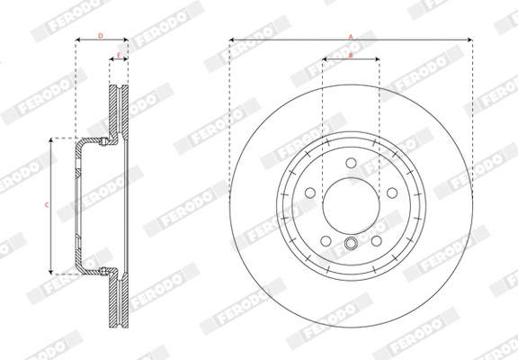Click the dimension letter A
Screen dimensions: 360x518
[x=351, y=35]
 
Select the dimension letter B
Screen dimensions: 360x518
[x=351, y=57]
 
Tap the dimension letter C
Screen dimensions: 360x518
[x=46, y=205]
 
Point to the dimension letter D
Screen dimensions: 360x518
[x=100, y=35]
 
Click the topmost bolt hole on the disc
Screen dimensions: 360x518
[x=351, y=163]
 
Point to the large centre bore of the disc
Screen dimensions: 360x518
[x=351, y=207]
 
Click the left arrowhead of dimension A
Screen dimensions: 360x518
[x=232, y=40]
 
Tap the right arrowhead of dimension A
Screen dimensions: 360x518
[x=470, y=40]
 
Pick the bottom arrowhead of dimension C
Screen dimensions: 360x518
[x=51, y=271]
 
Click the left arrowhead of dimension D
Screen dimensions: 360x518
[x=77, y=40]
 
